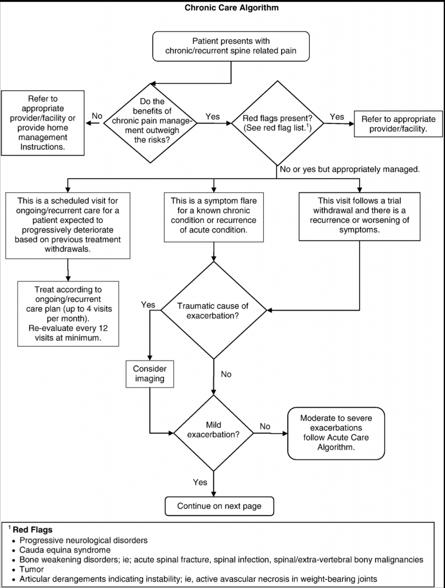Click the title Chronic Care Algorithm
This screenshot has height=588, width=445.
(x=232, y=7)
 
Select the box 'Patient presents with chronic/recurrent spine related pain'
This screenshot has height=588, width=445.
(x=231, y=46)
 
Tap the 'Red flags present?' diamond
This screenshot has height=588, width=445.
(x=277, y=123)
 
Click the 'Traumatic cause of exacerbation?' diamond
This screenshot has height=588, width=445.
(x=213, y=311)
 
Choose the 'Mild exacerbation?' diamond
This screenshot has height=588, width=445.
(x=213, y=434)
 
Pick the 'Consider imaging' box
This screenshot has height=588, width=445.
(x=150, y=374)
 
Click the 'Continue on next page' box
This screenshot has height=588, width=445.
(x=219, y=506)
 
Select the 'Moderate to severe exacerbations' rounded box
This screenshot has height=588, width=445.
(x=336, y=433)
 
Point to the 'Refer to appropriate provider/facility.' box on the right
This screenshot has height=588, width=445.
(x=398, y=124)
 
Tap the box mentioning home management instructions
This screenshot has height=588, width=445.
(x=42, y=123)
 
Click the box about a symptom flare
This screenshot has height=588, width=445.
(x=213, y=216)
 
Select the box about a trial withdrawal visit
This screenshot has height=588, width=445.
(x=359, y=216)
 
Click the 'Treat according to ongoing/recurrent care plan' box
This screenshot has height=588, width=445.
(x=68, y=314)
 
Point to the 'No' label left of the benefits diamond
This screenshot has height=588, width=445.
(x=97, y=116)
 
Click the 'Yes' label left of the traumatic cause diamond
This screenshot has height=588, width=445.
(x=148, y=304)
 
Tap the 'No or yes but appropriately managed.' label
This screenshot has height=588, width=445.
(x=349, y=169)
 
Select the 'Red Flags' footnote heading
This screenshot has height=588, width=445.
(x=32, y=530)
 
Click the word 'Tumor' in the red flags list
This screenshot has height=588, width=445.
(x=32, y=569)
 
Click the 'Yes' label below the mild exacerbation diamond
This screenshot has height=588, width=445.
(x=200, y=482)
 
